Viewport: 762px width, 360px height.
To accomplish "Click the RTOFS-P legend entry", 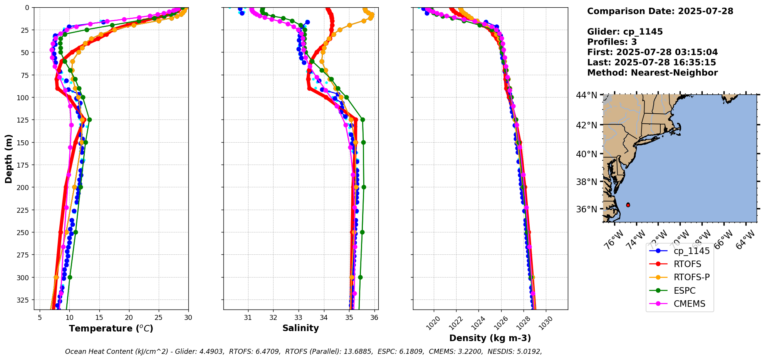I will coord(691,277).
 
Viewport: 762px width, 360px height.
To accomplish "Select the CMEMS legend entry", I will coord(689,304).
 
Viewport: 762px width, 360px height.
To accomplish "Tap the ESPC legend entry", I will coord(684,291).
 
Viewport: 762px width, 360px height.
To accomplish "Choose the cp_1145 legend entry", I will coord(691,251).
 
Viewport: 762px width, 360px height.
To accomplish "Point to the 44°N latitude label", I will coord(586,95).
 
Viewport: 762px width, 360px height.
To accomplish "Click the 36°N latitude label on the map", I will coord(586,209).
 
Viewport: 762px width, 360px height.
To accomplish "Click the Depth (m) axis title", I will coord(8,158).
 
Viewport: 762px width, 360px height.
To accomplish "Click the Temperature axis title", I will coord(111,328).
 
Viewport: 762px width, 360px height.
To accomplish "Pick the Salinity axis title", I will coord(300,328).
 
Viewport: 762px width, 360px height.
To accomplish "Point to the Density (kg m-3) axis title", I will coord(490,338).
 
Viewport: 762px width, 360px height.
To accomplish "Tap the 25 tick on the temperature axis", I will coord(158,318).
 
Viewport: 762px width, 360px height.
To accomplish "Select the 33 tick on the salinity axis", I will coord(299,318).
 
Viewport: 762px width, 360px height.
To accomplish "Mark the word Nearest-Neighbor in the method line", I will coord(674,73).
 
